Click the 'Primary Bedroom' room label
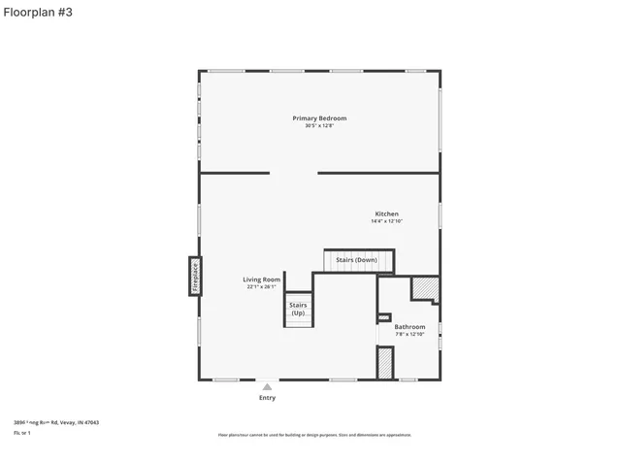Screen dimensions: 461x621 pos(319,118)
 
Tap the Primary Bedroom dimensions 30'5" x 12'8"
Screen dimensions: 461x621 pos(319,126)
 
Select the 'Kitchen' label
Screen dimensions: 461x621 pos(386,214)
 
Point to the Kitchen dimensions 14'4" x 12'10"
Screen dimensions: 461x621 pos(386,221)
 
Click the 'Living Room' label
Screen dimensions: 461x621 pos(261,280)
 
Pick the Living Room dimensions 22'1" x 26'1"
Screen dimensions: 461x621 pos(261,287)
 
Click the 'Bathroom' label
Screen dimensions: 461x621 pos(409,327)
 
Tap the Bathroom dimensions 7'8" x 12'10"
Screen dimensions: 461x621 pos(409,335)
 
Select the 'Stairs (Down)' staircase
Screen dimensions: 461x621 pos(358,260)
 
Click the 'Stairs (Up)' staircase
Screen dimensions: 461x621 pos(298,310)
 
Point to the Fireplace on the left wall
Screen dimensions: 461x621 pos(195,276)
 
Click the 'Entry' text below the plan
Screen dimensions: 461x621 pos(267,398)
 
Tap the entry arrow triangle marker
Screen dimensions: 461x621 pos(267,386)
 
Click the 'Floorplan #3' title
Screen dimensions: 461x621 pos(37,12)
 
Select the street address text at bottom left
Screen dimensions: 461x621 pos(56,422)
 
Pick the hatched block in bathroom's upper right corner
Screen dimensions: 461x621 pos(425,289)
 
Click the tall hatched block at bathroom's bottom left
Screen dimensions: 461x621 pos(384,363)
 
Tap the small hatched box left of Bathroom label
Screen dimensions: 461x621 pos(383,317)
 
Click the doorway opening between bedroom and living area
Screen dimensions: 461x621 pos(293,174)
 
